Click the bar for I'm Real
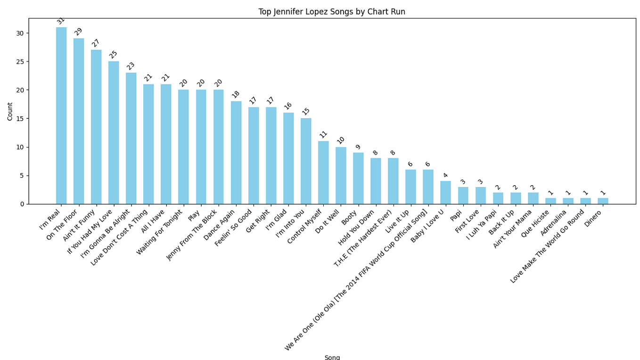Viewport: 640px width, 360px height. tap(61, 116)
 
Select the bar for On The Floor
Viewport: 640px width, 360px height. tap(79, 121)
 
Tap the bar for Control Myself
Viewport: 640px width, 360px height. tap(323, 172)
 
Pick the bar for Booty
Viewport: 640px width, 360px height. tap(358, 178)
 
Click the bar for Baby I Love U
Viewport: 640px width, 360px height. tap(445, 193)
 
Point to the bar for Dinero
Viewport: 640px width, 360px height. tap(603, 201)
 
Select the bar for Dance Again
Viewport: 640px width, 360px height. tap(236, 153)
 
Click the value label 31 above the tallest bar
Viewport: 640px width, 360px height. tap(61, 21)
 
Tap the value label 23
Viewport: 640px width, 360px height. tap(130, 66)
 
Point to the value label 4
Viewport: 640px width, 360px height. tap(445, 175)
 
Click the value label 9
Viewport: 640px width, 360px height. tap(358, 147)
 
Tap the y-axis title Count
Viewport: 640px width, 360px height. tap(10, 111)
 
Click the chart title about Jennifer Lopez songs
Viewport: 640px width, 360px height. tap(332, 12)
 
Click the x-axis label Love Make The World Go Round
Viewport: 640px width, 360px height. tap(547, 246)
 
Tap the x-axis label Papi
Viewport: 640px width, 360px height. tap(456, 215)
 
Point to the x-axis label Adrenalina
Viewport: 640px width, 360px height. tap(553, 223)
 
